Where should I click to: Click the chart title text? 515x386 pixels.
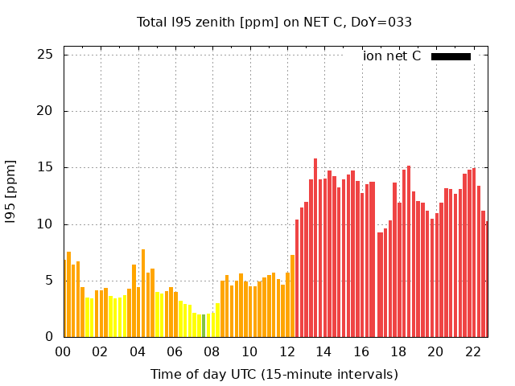[274, 23]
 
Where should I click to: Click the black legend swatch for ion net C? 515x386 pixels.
[451, 56]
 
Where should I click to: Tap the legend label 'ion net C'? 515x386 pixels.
[392, 56]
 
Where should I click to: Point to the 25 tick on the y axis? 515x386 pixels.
[45, 55]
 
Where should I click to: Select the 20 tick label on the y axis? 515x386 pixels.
[45, 111]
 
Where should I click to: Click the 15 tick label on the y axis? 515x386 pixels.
[45, 167]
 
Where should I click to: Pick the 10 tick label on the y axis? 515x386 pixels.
[45, 224]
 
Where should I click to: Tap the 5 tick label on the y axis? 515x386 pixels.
[48, 281]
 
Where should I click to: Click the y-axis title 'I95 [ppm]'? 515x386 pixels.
[11, 191]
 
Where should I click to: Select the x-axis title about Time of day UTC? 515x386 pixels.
[274, 375]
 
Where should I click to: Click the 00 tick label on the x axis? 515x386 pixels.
[63, 351]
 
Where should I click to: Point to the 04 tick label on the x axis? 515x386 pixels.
[138, 351]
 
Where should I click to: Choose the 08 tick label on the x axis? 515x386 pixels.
[212, 351]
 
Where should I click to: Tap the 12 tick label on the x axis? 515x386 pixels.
[286, 351]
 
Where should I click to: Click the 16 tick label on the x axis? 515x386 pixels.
[360, 351]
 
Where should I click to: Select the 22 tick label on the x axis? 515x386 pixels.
[472, 351]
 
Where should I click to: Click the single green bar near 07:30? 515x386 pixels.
[204, 326]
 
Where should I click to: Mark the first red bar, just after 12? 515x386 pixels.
[297, 278]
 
